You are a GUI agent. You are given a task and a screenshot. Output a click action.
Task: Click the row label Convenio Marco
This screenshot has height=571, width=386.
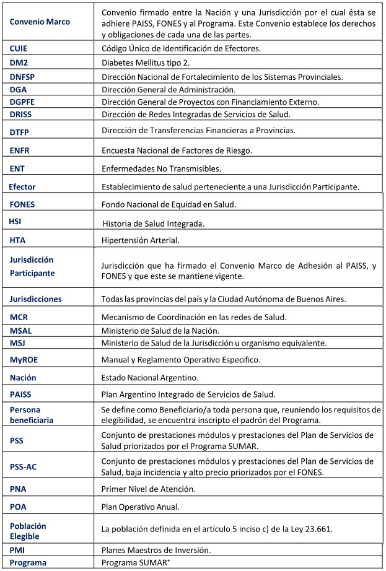[x=40, y=22]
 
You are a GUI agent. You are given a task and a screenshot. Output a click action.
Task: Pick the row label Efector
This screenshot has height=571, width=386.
[x=22, y=186]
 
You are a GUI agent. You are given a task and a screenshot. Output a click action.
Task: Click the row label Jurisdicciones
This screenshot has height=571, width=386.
[x=35, y=299]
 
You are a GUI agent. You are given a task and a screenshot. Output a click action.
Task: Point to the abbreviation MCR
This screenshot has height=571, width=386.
[x=19, y=317]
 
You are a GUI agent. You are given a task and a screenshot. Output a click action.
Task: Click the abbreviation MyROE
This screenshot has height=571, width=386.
[x=24, y=359]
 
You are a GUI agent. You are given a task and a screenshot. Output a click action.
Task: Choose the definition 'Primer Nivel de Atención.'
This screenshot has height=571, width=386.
[x=148, y=489]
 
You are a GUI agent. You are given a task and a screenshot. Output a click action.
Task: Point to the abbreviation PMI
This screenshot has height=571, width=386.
[x=18, y=549]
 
